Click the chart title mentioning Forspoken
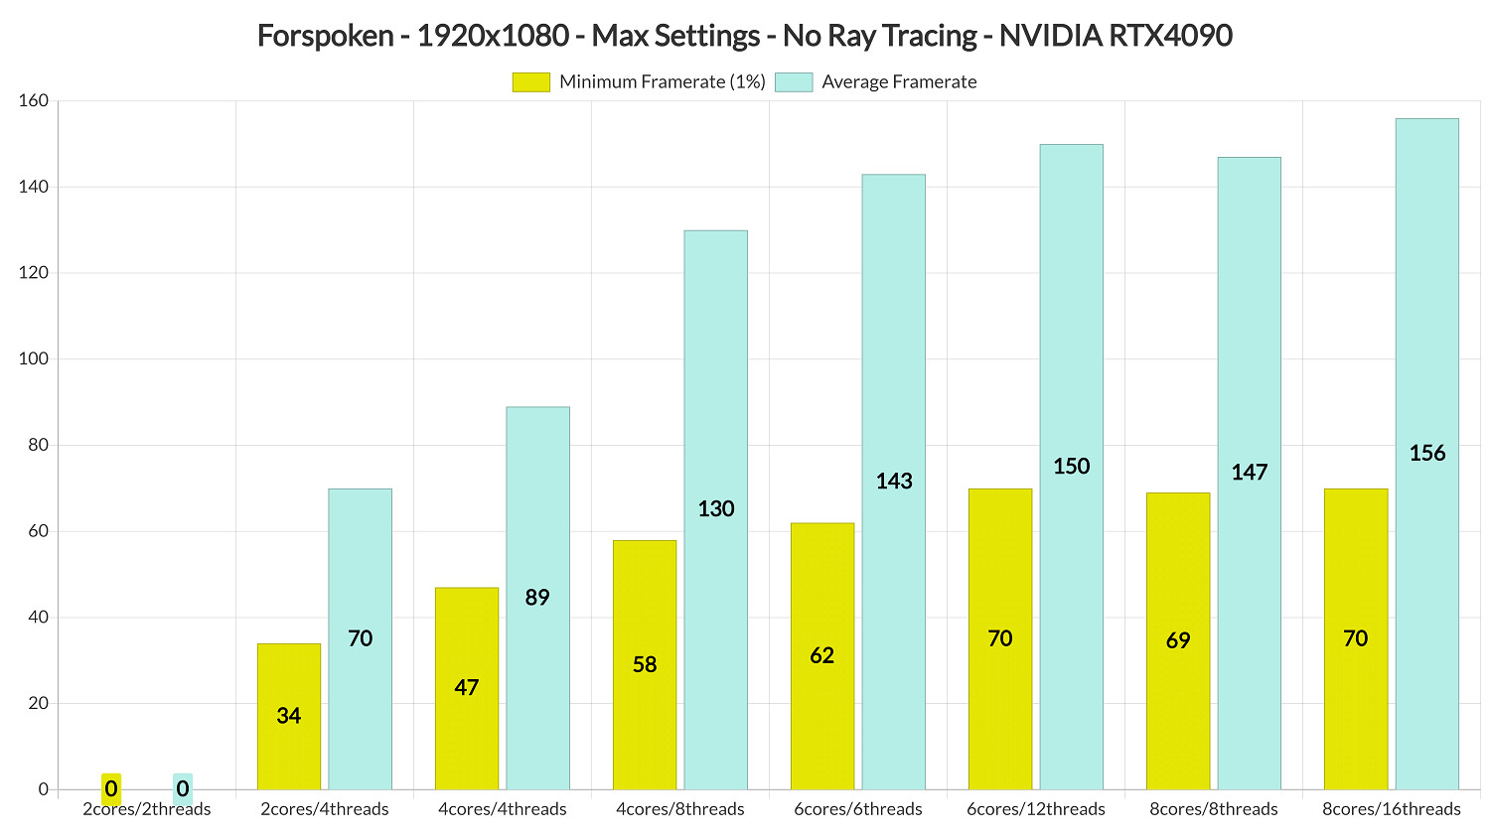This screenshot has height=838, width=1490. [745, 36]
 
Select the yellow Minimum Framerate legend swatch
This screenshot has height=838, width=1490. [530, 82]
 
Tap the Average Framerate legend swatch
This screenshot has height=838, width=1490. [793, 82]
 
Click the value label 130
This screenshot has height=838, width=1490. [716, 509]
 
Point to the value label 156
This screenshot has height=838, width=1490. [1427, 454]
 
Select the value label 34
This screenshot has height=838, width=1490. [289, 716]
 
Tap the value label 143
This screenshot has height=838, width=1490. [894, 482]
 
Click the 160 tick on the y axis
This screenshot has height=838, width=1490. [34, 101]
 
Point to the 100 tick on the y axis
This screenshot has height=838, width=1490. [34, 358]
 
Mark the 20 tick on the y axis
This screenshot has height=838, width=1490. [38, 703]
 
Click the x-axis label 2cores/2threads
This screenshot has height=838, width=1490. [147, 809]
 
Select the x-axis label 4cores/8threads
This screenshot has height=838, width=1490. [680, 809]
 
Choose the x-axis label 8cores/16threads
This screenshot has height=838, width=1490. [1392, 809]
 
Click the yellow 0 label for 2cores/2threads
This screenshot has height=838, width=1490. [111, 789]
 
